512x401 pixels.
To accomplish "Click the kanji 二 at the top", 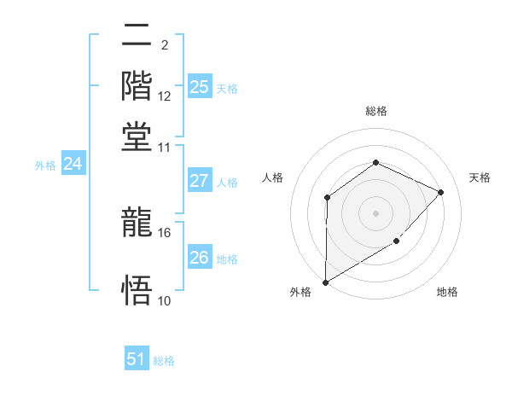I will point(137,38).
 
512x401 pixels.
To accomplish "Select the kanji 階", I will point(137,86).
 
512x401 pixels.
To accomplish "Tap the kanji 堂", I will point(137,135).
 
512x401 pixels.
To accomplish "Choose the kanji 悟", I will point(137,290).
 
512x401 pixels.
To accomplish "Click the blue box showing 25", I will point(200,87).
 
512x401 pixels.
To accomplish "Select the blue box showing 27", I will point(200,181).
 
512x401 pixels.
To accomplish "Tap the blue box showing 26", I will point(200,258).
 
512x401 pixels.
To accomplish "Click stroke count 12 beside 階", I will point(165,96).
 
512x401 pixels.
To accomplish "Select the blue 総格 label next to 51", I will point(164,361).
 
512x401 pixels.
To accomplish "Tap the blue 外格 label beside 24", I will point(45,166).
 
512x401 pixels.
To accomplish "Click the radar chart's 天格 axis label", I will point(480,177).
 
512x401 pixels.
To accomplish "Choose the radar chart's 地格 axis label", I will point(447,292).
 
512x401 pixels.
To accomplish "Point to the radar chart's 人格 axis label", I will point(273,177).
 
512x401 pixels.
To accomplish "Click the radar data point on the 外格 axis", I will point(325,282).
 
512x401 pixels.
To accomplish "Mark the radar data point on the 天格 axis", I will point(440,192).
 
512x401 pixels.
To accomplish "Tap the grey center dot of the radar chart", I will point(375,212).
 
